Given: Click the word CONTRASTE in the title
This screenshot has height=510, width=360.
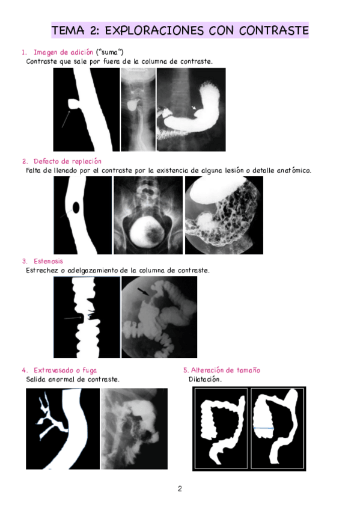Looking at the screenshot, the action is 273,30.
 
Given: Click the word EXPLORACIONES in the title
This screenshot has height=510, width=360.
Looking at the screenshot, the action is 154,30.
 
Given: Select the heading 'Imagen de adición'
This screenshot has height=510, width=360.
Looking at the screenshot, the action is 63,52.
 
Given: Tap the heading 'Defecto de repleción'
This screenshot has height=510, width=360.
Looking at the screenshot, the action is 67,161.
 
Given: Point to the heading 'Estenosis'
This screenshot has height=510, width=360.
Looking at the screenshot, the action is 49,261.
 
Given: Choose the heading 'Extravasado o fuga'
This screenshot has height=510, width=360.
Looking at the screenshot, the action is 66,370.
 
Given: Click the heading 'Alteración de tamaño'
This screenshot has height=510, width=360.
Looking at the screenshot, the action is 225,370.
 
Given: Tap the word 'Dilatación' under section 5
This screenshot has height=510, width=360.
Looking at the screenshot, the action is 205,379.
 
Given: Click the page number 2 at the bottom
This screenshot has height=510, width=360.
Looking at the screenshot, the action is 180,488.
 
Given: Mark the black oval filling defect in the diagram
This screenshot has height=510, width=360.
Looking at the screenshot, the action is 76,207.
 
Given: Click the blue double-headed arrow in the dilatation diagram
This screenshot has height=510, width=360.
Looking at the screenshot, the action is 263,428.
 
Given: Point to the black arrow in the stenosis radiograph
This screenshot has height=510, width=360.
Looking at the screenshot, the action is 143,292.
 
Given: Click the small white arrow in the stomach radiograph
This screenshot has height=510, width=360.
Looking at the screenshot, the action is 194,107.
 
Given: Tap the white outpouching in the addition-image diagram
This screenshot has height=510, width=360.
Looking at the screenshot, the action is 74,104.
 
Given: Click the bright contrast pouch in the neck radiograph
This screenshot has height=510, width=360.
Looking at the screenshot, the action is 133,105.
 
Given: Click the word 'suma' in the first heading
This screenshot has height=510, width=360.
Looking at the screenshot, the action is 109,52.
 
